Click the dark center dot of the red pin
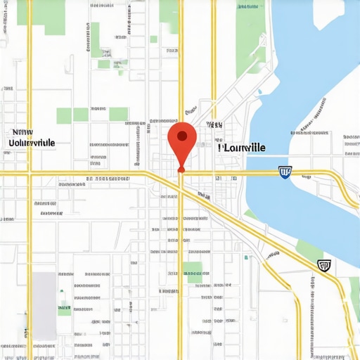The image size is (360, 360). (182, 136)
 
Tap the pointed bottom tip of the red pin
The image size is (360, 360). (181, 170)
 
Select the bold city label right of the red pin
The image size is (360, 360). (242, 148)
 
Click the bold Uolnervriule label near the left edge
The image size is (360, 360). (32, 142)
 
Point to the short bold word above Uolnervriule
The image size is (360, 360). (22, 131)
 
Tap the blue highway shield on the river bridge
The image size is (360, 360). (285, 172)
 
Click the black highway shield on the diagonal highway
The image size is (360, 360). (323, 265)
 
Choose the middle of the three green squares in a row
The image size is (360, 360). (82, 114)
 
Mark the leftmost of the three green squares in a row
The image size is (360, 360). (64, 115)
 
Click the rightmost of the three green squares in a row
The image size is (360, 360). (118, 114)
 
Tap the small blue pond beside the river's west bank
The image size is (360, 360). (259, 91)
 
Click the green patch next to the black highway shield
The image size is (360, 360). (309, 250)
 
